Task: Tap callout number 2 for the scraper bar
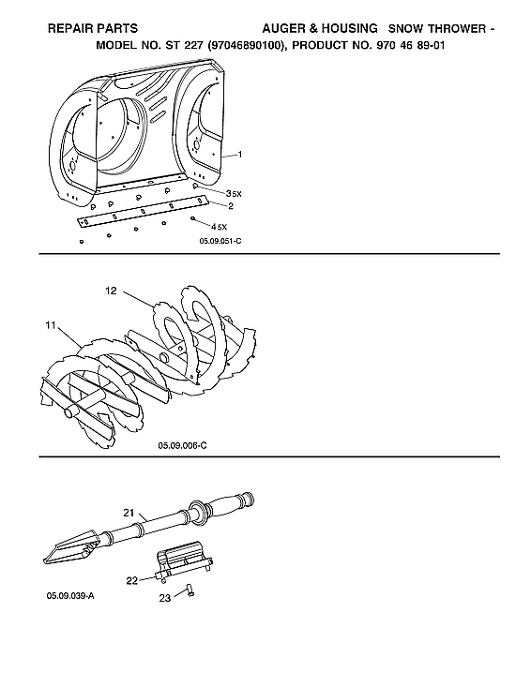231,204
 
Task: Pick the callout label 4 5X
220,227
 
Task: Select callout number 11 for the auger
49,325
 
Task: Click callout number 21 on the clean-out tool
130,513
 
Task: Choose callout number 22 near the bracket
132,580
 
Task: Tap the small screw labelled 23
188,589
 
